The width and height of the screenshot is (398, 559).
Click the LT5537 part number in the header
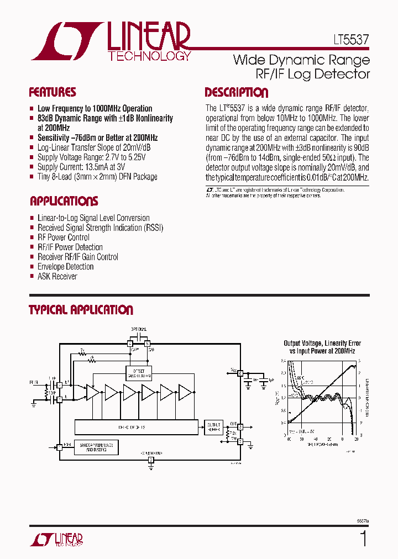tap(347, 41)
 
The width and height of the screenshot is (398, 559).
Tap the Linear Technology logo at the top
tap(111, 41)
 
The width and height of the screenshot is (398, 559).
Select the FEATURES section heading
tap(53, 92)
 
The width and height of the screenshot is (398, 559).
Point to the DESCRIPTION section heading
tap(236, 93)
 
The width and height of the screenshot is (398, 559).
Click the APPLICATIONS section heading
tap(64, 201)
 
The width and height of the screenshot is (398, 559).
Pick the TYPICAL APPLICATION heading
tap(81, 310)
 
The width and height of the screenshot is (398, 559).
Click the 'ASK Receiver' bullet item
tap(57, 276)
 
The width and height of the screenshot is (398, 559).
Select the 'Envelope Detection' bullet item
tap(65, 267)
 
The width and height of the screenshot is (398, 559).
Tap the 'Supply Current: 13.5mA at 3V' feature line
tap(81, 167)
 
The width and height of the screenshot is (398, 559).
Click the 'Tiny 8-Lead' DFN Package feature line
tap(97, 177)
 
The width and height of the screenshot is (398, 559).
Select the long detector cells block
tap(136, 426)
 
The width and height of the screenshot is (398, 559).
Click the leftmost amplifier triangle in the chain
tap(93, 393)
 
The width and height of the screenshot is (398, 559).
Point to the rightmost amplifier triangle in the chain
tap(185, 393)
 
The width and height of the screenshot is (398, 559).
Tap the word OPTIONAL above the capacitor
tap(139, 329)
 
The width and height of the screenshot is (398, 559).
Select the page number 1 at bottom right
tap(363, 539)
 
